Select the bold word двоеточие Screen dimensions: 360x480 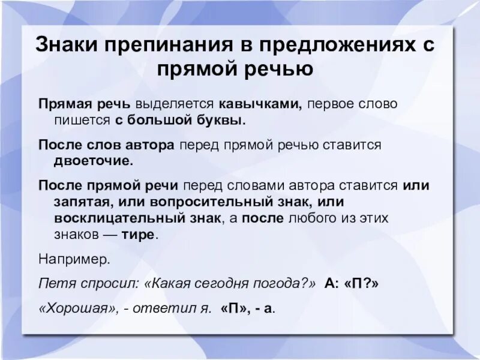pyautogui.click(x=93, y=161)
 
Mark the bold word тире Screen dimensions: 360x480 pyautogui.click(x=139, y=234)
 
